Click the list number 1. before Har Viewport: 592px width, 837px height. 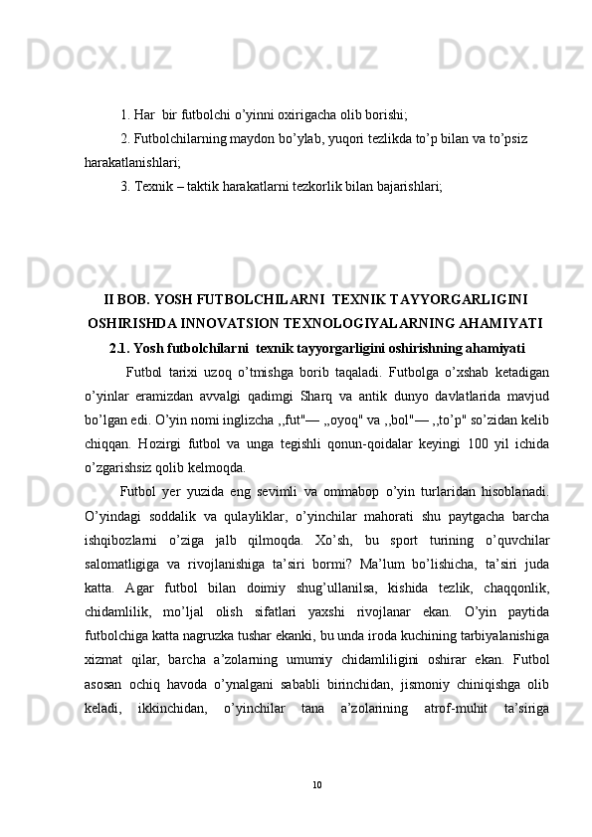[125, 114]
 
